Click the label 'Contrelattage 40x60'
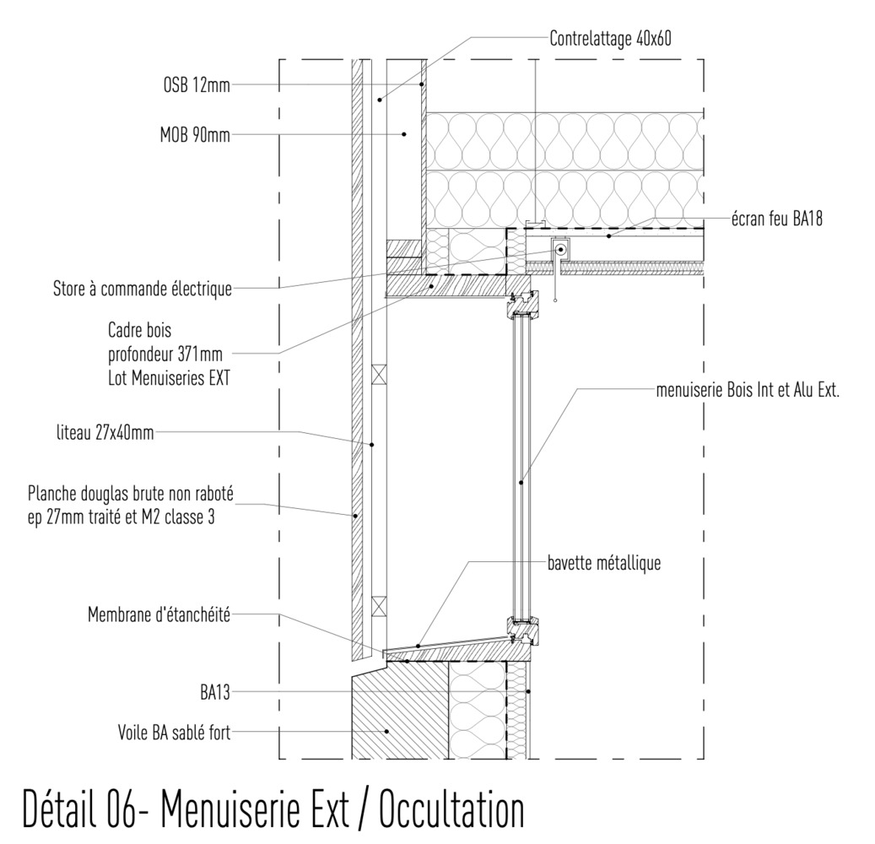[x=610, y=38]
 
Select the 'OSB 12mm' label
[x=196, y=84]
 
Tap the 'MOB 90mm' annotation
[x=194, y=133]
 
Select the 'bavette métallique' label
[x=602, y=563]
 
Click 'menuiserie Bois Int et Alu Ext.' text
[x=748, y=391]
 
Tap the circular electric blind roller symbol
[x=560, y=250]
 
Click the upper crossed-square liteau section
[x=379, y=371]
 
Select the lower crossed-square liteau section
[x=379, y=604]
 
